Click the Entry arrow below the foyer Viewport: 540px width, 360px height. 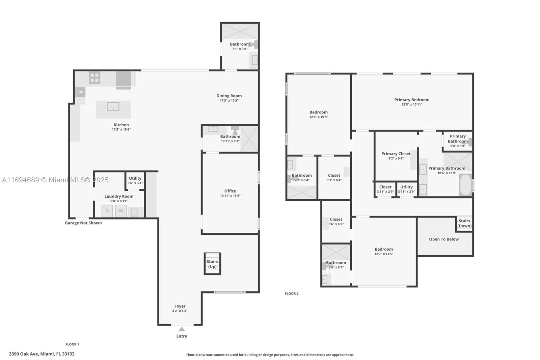(182, 329)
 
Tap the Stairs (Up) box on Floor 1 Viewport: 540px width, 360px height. (212, 264)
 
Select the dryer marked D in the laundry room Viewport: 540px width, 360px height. (107, 211)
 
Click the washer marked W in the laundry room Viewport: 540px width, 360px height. (121, 211)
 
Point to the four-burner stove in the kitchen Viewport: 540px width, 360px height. (94, 78)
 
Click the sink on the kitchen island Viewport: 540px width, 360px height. (113, 107)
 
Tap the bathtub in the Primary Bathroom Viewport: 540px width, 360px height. (466, 185)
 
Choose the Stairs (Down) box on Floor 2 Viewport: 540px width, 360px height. (464, 224)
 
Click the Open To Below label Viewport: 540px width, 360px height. (444, 239)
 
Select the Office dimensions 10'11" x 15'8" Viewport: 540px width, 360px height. (230, 196)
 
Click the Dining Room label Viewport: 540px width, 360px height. (229, 96)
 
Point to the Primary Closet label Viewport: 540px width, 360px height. (396, 154)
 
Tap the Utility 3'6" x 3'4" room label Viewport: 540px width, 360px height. (135, 178)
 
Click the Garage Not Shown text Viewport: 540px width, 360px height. (83, 223)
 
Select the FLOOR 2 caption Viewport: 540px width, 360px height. (292, 294)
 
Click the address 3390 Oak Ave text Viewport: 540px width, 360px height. (42, 354)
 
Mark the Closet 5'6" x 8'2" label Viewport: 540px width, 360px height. (336, 220)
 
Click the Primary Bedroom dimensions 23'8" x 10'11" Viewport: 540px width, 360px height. (412, 105)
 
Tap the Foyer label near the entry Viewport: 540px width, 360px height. (180, 306)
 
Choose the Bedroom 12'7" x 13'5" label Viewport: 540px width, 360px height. (384, 249)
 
